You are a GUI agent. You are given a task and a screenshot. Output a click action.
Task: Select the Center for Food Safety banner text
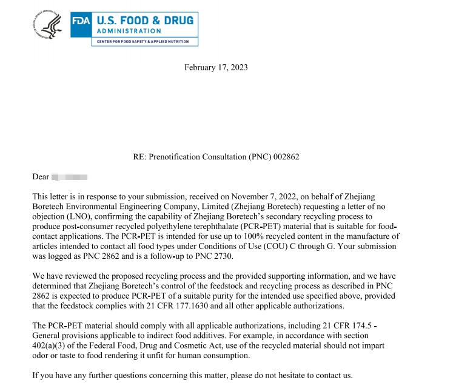pyautogui.click(x=144, y=42)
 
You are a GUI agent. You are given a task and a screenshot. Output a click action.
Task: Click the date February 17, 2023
pyautogui.click(x=216, y=67)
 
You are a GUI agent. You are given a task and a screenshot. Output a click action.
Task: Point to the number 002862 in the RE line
pyautogui.click(x=285, y=157)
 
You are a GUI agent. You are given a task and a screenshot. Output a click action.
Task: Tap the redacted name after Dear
pyautogui.click(x=70, y=177)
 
